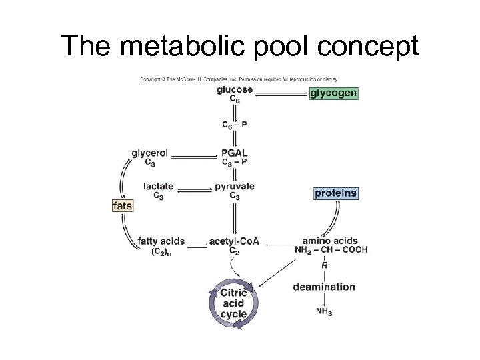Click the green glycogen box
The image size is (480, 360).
333,93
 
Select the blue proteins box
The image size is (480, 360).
336,193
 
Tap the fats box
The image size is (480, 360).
123,206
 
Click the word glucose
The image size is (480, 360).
235,90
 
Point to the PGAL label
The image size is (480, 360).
235,153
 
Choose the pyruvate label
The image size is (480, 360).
235,187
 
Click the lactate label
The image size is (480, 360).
159,187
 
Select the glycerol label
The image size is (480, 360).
150,153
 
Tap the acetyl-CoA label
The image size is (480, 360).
234,241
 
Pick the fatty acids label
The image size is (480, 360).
161,241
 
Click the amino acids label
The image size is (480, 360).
330,241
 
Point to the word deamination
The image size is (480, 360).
325,287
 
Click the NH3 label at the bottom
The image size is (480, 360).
325,312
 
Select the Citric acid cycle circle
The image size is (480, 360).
233,304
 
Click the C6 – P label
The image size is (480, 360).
235,124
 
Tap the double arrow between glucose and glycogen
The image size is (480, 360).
281,94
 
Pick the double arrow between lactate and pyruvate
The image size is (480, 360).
194,191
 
